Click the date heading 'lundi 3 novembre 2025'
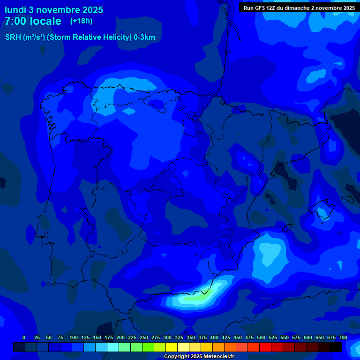54,10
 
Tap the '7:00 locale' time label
33,21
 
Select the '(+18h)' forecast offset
81,21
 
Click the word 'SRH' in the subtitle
13,37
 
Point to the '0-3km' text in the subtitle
144,37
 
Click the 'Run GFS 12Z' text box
299,7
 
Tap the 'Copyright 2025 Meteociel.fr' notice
199,356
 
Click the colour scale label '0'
24,337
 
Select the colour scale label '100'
74,337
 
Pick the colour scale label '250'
144,337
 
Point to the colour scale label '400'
214,337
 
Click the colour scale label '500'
261,337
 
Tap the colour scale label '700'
343,337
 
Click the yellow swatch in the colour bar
172,347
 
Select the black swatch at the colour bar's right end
336,347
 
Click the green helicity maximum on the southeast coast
197,296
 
